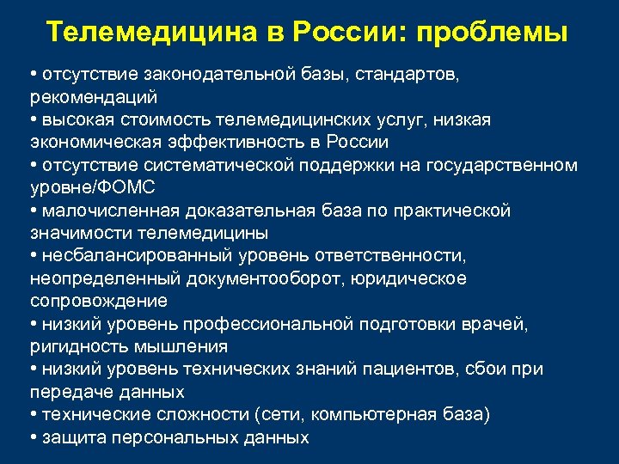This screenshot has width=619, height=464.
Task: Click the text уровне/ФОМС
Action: [86, 187]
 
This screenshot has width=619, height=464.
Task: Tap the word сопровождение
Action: [99, 301]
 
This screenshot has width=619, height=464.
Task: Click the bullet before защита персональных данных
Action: [33, 437]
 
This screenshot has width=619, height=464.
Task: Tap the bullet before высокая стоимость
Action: [33, 119]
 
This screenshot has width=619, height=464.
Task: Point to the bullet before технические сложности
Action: [33, 414]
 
